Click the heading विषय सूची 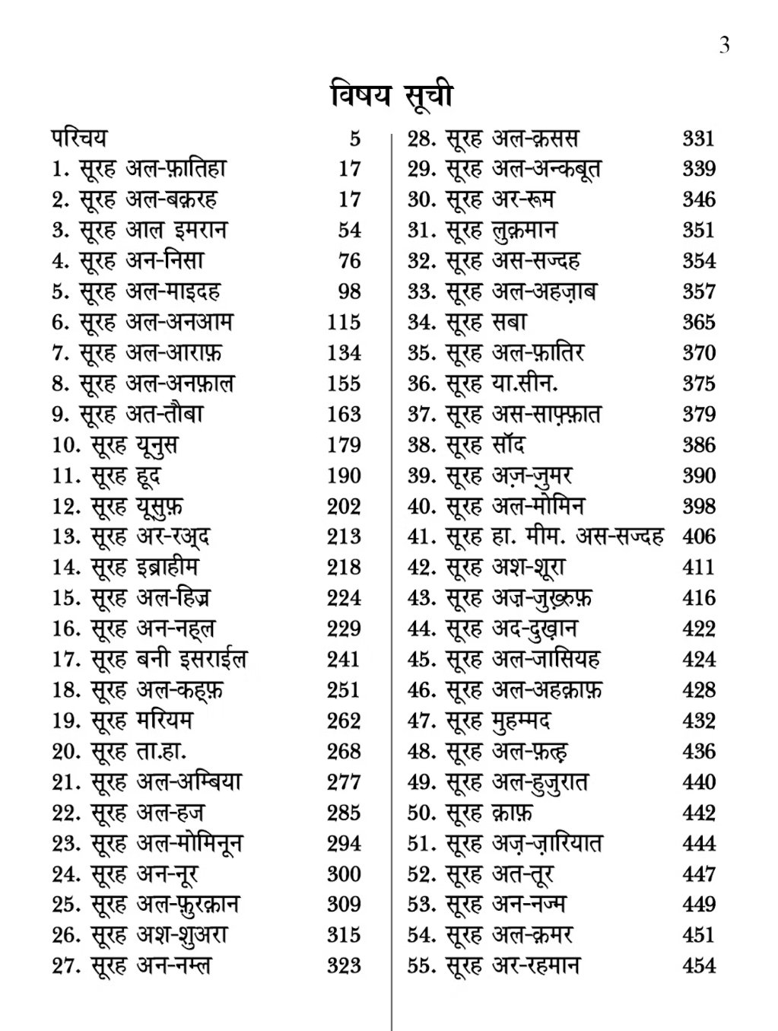(x=392, y=97)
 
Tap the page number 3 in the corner (x=724, y=45)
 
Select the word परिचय (x=79, y=138)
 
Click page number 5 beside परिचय (x=354, y=138)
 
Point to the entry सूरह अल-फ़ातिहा (x=153, y=169)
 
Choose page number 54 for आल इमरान (x=349, y=231)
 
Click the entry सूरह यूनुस (x=135, y=445)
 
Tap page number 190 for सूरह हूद (x=344, y=476)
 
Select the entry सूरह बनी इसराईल (x=169, y=660)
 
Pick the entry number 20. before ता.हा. (x=67, y=752)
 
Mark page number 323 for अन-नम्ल (x=344, y=966)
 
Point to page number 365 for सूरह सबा (x=698, y=323)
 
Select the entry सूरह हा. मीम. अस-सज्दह (x=554, y=537)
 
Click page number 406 (x=698, y=537)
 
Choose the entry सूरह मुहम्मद (x=498, y=721)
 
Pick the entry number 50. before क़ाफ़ (x=421, y=813)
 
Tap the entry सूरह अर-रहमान (x=513, y=966)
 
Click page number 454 (x=698, y=966)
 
